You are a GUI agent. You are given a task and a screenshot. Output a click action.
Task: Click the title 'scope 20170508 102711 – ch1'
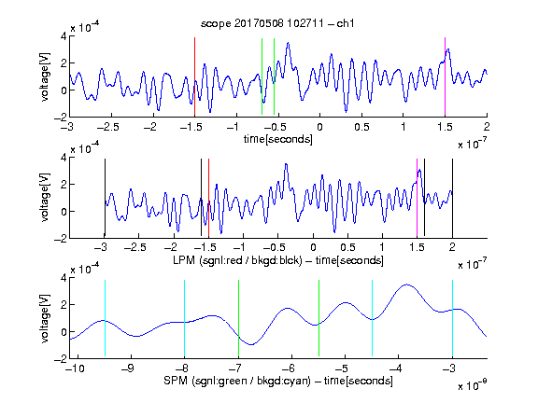click(x=277, y=23)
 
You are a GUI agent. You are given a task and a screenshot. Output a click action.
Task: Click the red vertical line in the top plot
click(x=194, y=76)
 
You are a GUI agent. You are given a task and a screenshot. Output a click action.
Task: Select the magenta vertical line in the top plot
click(x=445, y=76)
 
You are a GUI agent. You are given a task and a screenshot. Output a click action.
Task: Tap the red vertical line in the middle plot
click(x=208, y=198)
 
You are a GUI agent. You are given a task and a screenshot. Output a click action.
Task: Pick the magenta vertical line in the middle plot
click(x=417, y=198)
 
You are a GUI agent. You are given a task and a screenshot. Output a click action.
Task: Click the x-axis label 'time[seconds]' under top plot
click(x=278, y=139)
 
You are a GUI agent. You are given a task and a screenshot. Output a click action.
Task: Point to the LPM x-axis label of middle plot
click(x=278, y=260)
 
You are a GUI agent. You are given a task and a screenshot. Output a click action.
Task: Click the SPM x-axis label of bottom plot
click(x=278, y=381)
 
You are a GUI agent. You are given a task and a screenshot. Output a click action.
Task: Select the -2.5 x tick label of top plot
click(x=107, y=127)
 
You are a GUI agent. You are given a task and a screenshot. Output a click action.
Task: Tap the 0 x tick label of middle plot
click(x=313, y=247)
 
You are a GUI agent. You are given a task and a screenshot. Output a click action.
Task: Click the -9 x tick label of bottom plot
click(x=128, y=368)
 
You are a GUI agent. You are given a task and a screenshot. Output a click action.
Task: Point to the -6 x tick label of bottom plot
click(x=289, y=368)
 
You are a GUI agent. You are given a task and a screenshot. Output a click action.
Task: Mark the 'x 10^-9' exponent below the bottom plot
click(x=472, y=385)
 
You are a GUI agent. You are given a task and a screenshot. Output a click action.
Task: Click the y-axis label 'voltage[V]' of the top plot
click(x=45, y=76)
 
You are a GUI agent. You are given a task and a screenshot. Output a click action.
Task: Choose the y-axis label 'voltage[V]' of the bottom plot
click(x=45, y=319)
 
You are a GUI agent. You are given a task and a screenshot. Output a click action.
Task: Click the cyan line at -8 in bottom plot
click(x=184, y=318)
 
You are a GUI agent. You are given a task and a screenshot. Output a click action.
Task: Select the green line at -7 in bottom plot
click(x=238, y=318)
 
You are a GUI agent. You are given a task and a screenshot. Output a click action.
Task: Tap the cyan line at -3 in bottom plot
click(x=452, y=318)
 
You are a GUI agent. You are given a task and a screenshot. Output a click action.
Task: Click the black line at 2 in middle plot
click(x=452, y=198)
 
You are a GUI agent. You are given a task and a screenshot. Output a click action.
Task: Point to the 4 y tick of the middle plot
click(x=64, y=158)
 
